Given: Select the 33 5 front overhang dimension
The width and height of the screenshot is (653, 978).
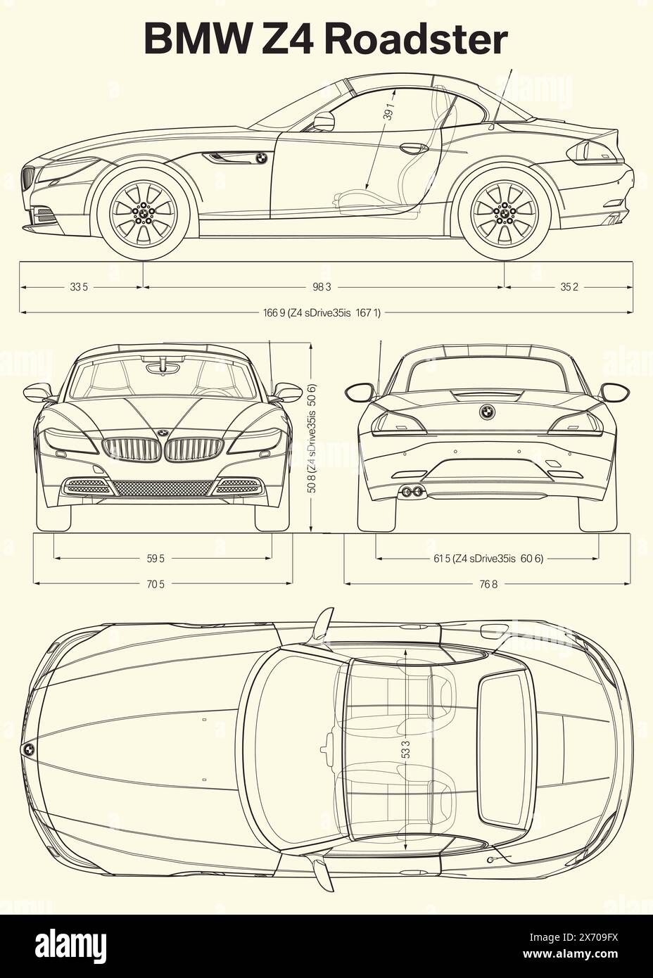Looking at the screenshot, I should pos(79,287).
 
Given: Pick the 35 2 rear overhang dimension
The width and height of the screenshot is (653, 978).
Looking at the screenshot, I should pos(569,287).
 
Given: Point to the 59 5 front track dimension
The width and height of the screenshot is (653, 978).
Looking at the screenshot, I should pos(156,559).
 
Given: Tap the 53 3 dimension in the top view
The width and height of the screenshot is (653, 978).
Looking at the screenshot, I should pos(406,748).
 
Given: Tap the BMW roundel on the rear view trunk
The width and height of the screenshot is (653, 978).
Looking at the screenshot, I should pos(486,412).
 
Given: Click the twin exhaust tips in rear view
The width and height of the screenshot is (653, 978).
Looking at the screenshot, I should pos(412,491).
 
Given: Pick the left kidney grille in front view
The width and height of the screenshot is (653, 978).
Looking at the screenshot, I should pos(131,450).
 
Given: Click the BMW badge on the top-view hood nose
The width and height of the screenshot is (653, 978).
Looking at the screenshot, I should pos(28,750).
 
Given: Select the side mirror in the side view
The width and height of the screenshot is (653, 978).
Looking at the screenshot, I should pos(324,122).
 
